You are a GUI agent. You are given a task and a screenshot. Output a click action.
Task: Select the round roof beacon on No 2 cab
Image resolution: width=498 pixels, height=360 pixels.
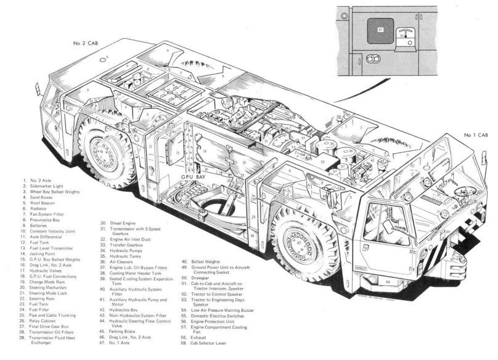106,59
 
